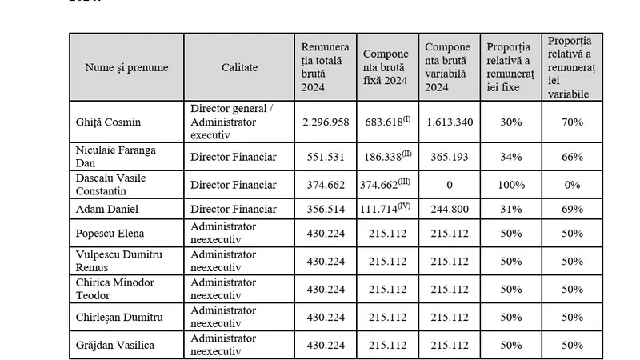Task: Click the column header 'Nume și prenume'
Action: (126, 67)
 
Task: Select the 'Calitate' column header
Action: (239, 67)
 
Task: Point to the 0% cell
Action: (571, 185)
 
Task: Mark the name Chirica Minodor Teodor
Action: (114, 289)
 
